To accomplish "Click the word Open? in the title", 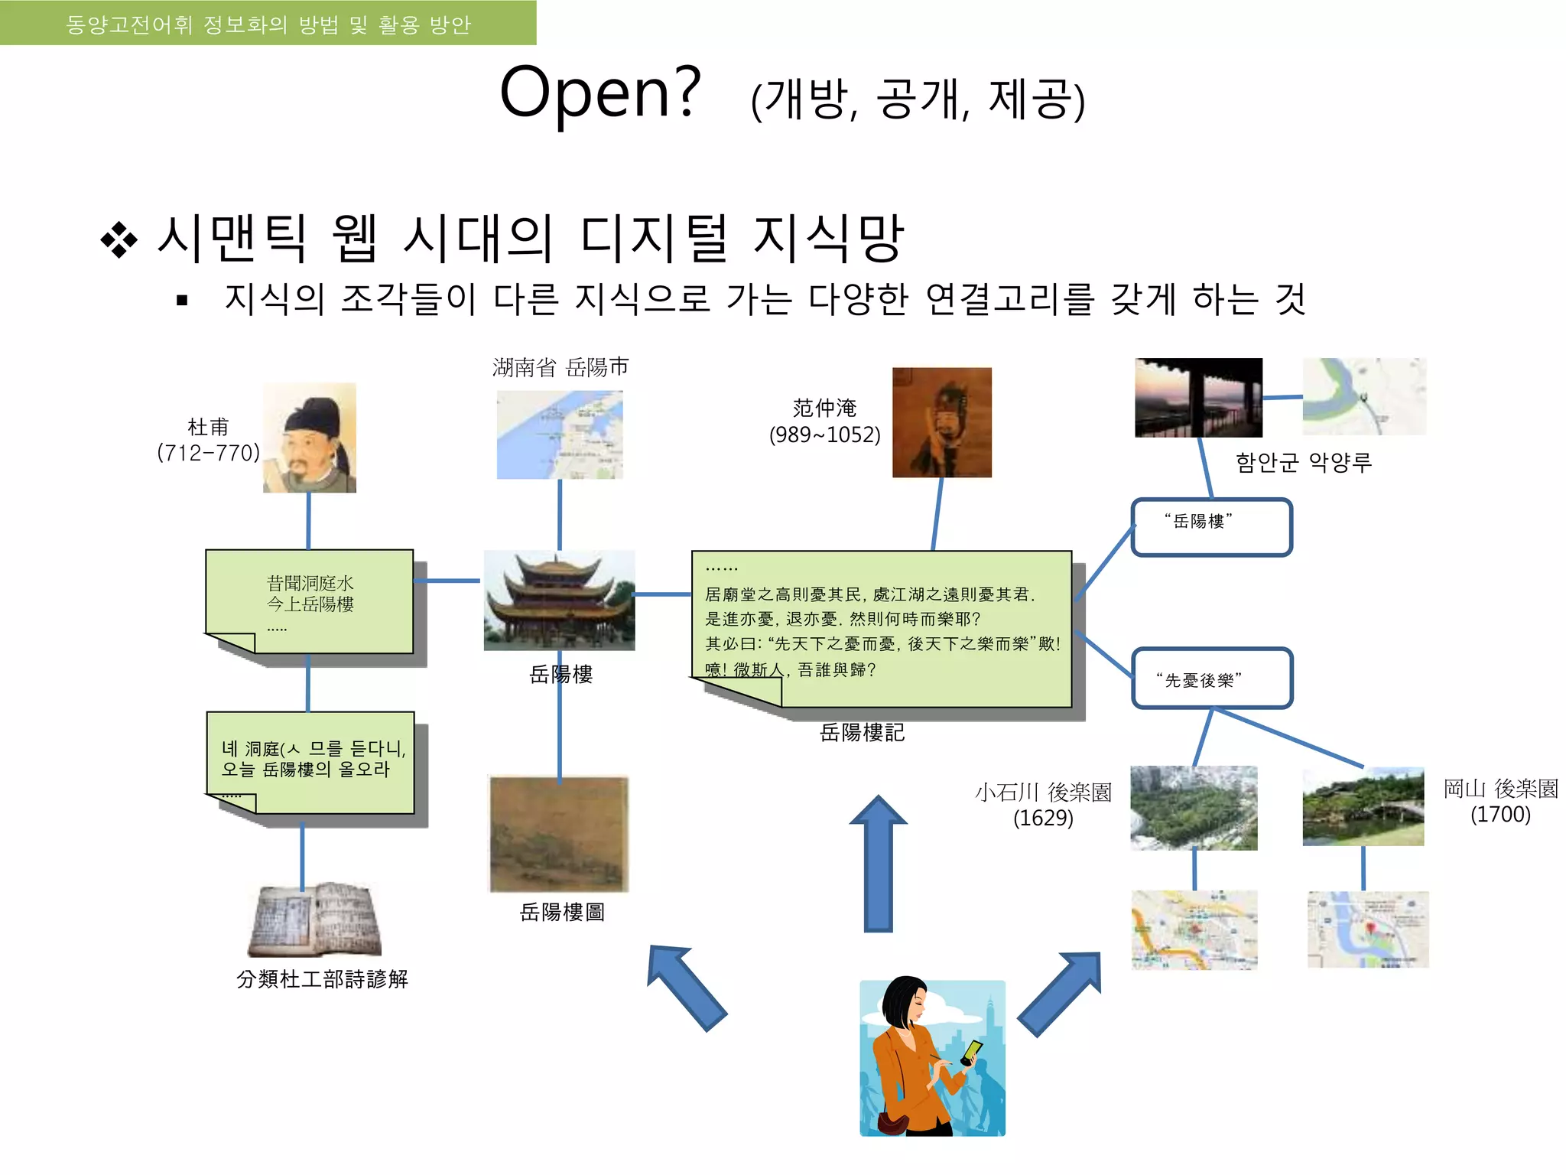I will pos(600,93).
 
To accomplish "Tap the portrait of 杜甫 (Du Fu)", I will pos(310,438).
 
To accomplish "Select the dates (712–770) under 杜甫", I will pos(208,453).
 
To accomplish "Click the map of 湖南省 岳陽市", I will pos(560,435).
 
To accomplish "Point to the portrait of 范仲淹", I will pos(942,422).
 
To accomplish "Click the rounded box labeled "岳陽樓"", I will pos(1211,527).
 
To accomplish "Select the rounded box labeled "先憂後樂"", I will pos(1211,679).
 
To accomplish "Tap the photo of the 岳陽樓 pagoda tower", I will pos(559,601).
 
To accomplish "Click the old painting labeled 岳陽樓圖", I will pos(559,835).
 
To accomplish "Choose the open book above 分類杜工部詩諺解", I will pos(315,919).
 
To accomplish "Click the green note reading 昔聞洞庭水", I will pos(310,601).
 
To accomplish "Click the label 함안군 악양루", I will pos(1304,462).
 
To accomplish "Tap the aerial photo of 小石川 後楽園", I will pos(1194,808).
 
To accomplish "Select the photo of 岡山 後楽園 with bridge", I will pos(1363,806).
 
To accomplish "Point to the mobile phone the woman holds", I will pos(972,1052).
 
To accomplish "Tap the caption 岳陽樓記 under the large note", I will pos(862,733).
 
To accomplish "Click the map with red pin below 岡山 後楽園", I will pos(1367,929).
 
